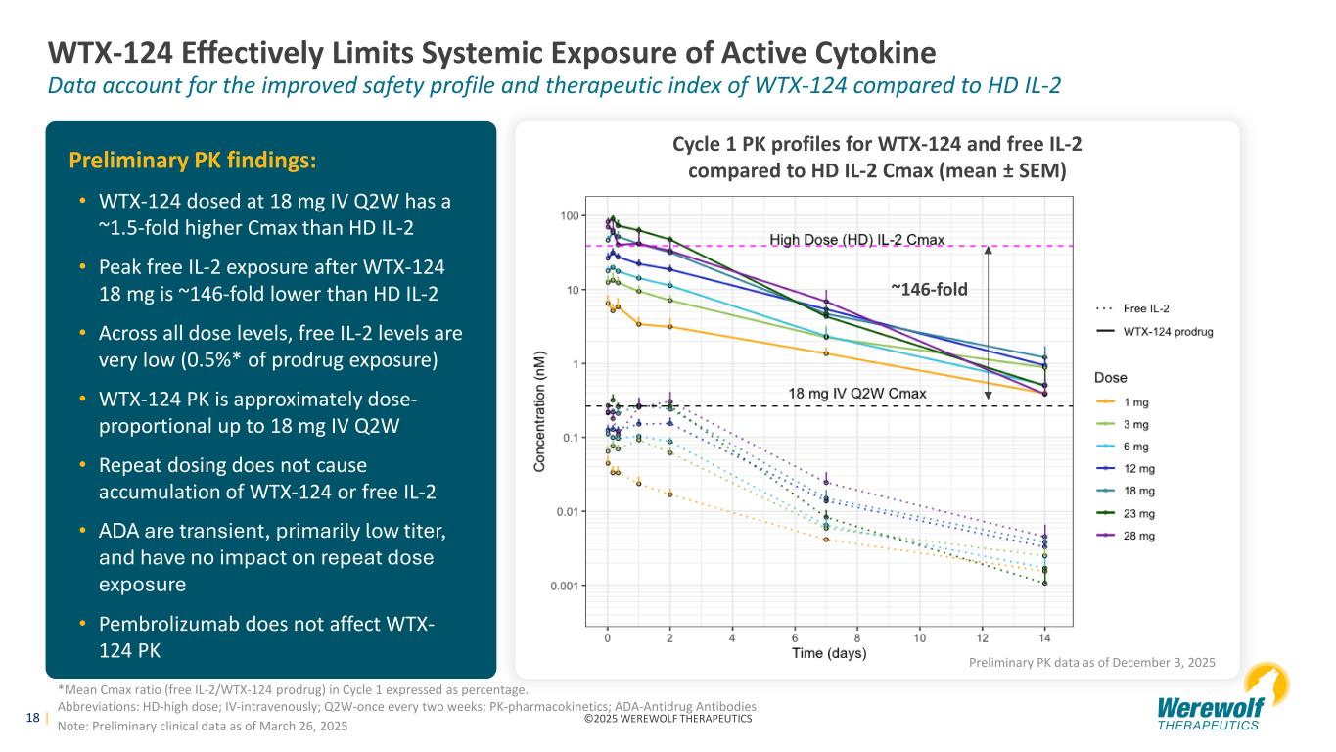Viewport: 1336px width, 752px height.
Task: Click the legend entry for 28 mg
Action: pos(1134,536)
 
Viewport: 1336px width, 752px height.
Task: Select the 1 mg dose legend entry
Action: pos(1134,401)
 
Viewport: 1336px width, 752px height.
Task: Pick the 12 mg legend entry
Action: pos(1134,468)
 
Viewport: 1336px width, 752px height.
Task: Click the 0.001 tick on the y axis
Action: pos(564,586)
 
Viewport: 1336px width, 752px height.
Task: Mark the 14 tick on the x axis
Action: pos(1044,638)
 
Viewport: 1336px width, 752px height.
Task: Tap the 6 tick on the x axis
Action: pos(795,638)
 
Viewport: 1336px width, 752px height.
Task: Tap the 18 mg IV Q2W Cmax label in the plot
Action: pos(857,394)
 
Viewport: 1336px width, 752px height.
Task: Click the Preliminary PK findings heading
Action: pos(192,159)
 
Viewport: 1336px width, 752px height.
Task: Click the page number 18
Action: pos(32,719)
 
